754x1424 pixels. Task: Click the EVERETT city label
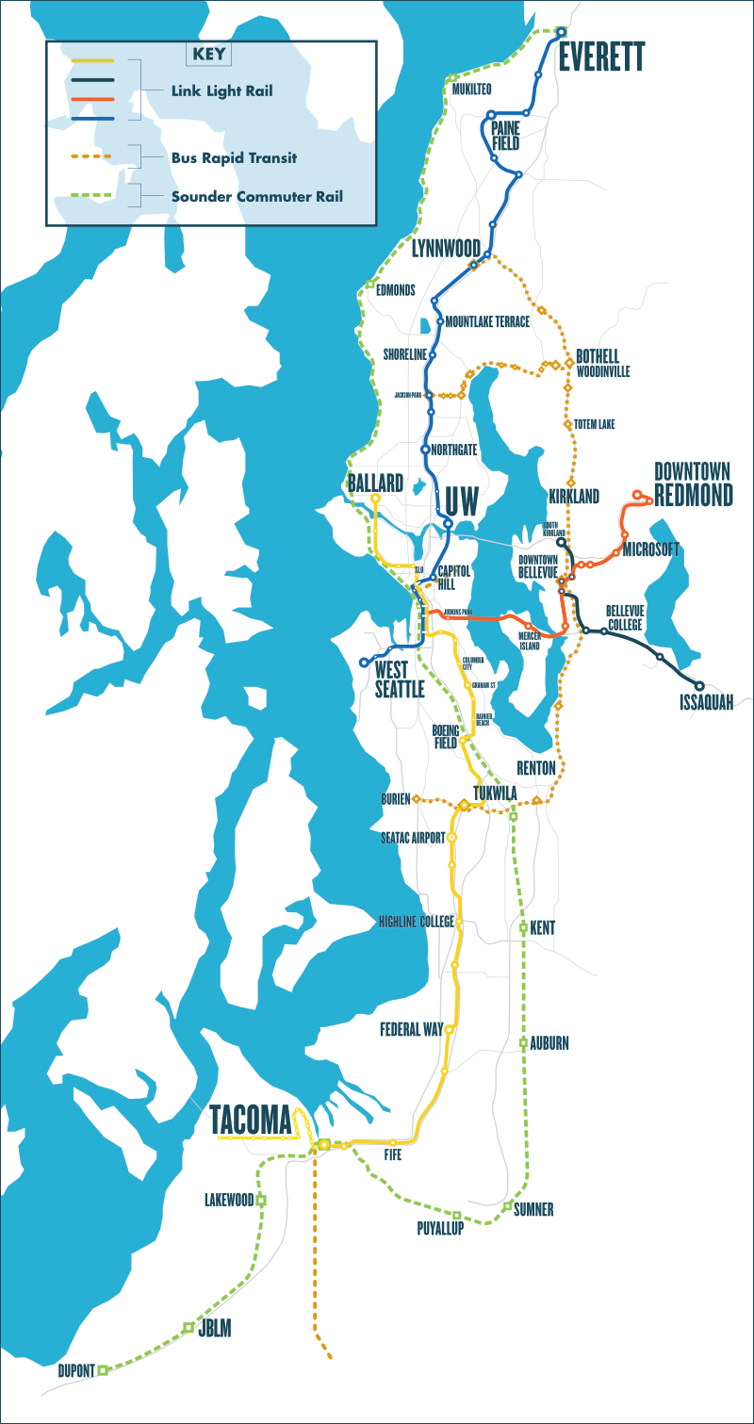(601, 57)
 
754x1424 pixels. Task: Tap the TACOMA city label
(250, 1119)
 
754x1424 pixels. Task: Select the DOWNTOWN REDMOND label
(693, 484)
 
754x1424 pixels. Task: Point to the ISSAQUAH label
(706, 702)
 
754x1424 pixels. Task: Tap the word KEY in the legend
(209, 54)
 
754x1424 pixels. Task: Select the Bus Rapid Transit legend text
(234, 157)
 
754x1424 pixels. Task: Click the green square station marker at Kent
(523, 928)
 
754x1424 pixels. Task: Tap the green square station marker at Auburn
(523, 1042)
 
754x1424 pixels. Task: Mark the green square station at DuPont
(103, 1370)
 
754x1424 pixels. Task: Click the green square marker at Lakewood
(261, 1200)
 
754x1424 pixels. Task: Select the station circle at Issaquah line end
(699, 685)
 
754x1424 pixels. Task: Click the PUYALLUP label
(440, 1228)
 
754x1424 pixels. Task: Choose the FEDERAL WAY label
(411, 1029)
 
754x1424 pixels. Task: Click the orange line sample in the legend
(91, 99)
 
